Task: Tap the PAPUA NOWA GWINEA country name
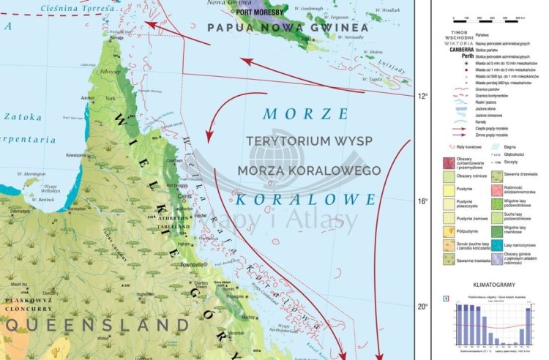(x=277, y=28)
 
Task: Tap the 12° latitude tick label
(x=422, y=96)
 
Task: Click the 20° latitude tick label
(x=422, y=307)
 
